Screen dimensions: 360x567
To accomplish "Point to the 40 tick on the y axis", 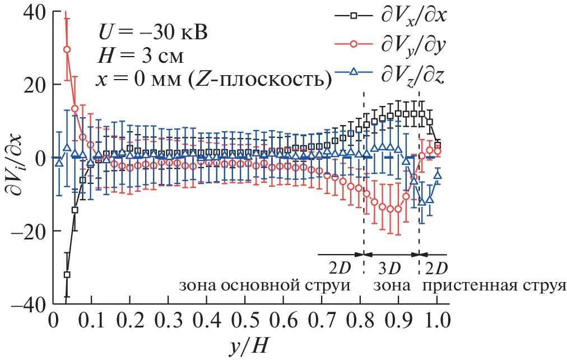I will coord(34,11).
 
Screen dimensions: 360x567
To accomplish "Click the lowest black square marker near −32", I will coord(67,275).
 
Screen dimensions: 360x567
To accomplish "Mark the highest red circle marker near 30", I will coord(67,49).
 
